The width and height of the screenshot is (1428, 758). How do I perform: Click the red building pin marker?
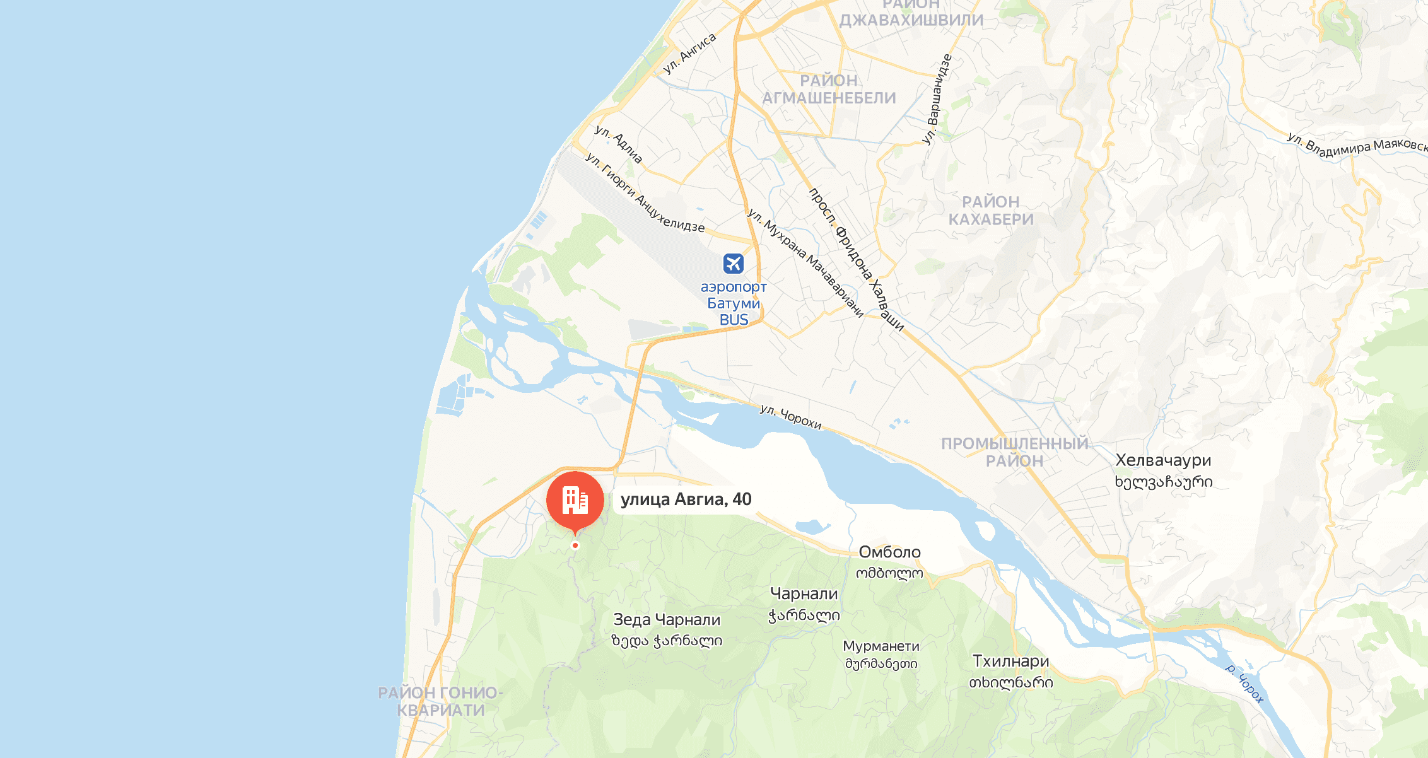click(x=575, y=501)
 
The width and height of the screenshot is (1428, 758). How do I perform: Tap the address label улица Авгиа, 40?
click(x=686, y=499)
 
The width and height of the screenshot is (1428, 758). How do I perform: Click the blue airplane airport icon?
click(x=733, y=263)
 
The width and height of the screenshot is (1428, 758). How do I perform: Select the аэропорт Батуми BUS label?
click(x=734, y=303)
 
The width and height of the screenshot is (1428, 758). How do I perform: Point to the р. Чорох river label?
click(x=1244, y=683)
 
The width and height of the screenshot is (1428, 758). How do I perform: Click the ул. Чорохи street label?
click(x=790, y=417)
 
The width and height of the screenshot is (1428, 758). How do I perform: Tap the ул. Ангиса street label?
click(x=689, y=54)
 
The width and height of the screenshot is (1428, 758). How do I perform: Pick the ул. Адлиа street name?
click(x=618, y=144)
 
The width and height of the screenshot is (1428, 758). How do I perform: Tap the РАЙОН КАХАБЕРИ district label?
click(x=991, y=211)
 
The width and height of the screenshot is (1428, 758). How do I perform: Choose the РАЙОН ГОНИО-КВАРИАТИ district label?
click(x=440, y=701)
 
